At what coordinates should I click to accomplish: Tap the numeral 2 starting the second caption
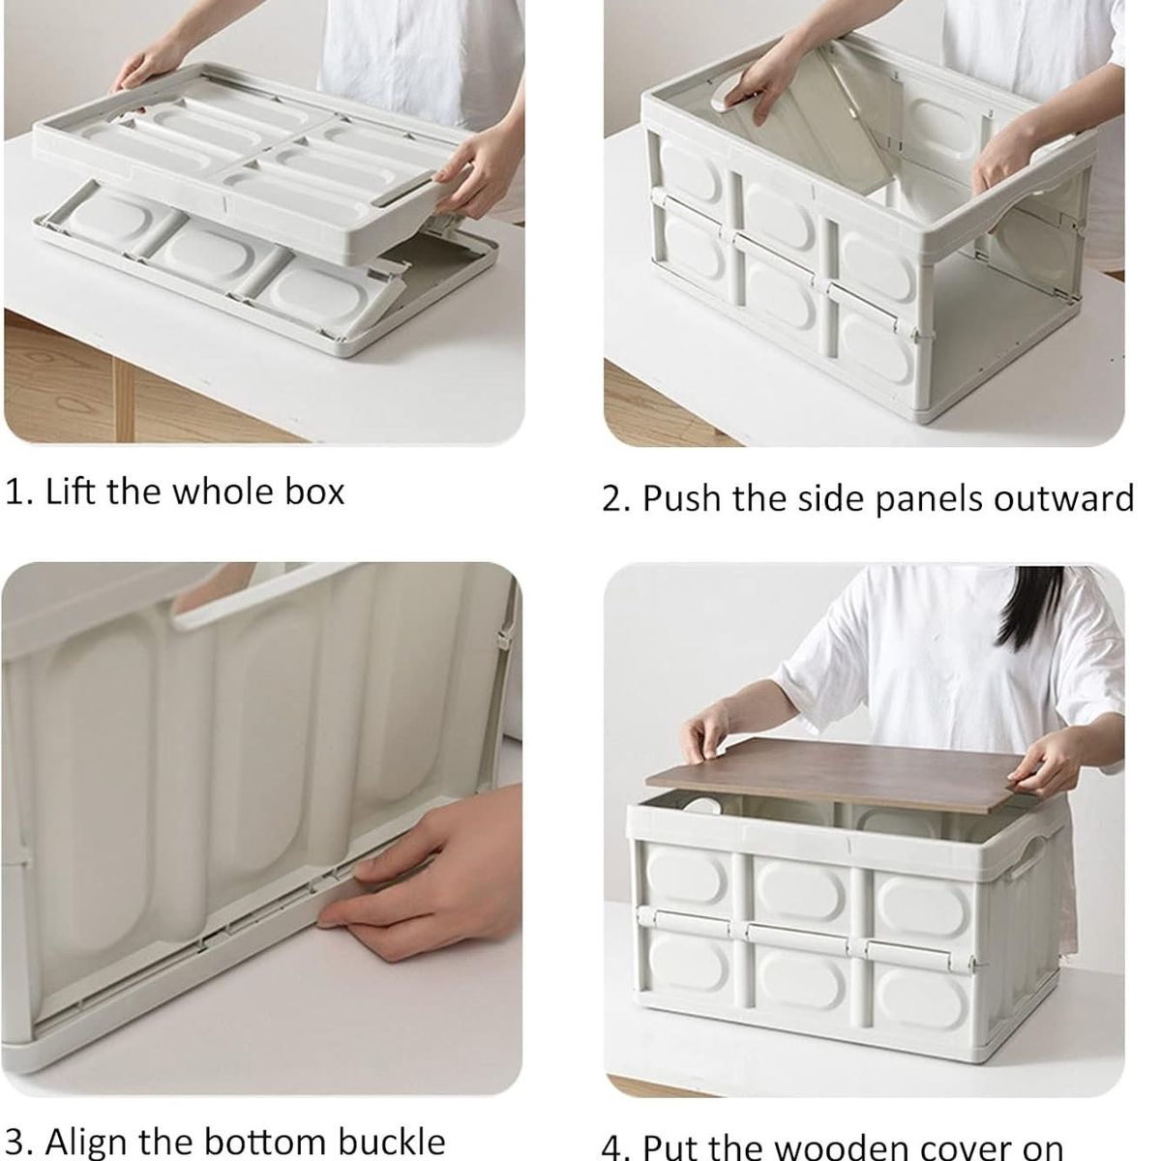pos(613,499)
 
